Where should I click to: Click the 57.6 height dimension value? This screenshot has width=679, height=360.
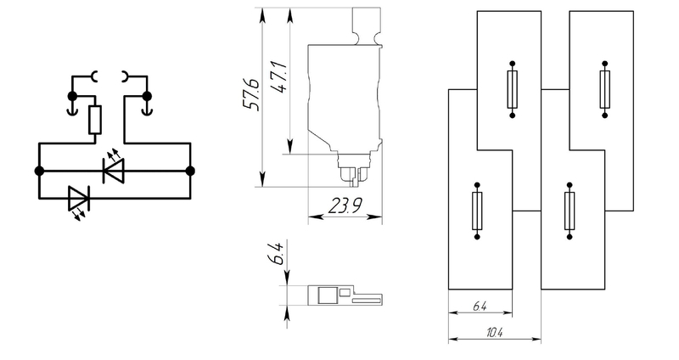coord(252,95)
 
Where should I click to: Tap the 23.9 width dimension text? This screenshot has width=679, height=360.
coord(345,205)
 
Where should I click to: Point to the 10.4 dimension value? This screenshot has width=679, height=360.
coord(495,333)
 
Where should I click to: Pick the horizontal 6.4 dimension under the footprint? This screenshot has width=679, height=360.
coord(480,307)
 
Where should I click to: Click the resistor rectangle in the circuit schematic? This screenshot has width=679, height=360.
coord(95,120)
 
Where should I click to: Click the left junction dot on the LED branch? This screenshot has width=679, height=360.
coord(39,172)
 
